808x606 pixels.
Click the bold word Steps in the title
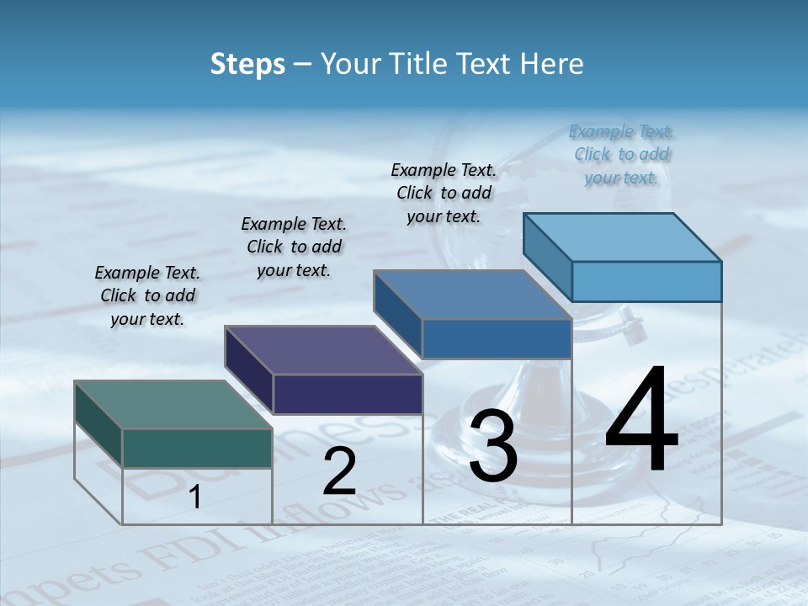click(x=247, y=64)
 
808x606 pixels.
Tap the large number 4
click(x=641, y=421)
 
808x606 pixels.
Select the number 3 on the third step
click(x=493, y=446)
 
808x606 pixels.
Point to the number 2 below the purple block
click(x=339, y=471)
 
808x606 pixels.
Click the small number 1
click(x=195, y=497)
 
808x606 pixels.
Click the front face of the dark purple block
click(x=348, y=394)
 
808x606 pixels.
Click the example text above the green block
click(x=147, y=295)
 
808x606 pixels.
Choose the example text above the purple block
click(x=294, y=247)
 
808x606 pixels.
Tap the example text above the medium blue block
click(x=444, y=193)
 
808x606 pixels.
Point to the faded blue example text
click(x=621, y=154)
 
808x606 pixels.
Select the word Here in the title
click(x=552, y=64)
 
